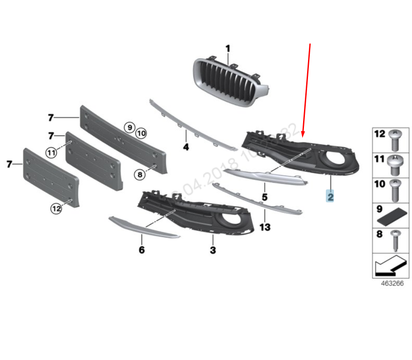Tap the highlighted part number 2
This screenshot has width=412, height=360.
(330, 196)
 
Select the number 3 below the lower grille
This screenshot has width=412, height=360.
(213, 250)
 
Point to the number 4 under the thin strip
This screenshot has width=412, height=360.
(186, 146)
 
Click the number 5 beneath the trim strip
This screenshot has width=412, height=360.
(264, 197)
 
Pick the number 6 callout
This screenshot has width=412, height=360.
(141, 250)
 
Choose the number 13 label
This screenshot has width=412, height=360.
(265, 227)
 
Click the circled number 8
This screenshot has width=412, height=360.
(140, 175)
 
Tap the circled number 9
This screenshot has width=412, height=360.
(129, 128)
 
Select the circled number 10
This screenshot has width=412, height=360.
(141, 133)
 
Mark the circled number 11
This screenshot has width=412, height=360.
(51, 153)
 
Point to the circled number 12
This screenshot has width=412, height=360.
(56, 208)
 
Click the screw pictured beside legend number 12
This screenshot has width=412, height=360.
(395, 140)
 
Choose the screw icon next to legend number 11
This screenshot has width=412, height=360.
(395, 165)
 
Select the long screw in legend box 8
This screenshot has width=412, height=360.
(395, 240)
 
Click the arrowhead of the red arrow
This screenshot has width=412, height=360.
(304, 135)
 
